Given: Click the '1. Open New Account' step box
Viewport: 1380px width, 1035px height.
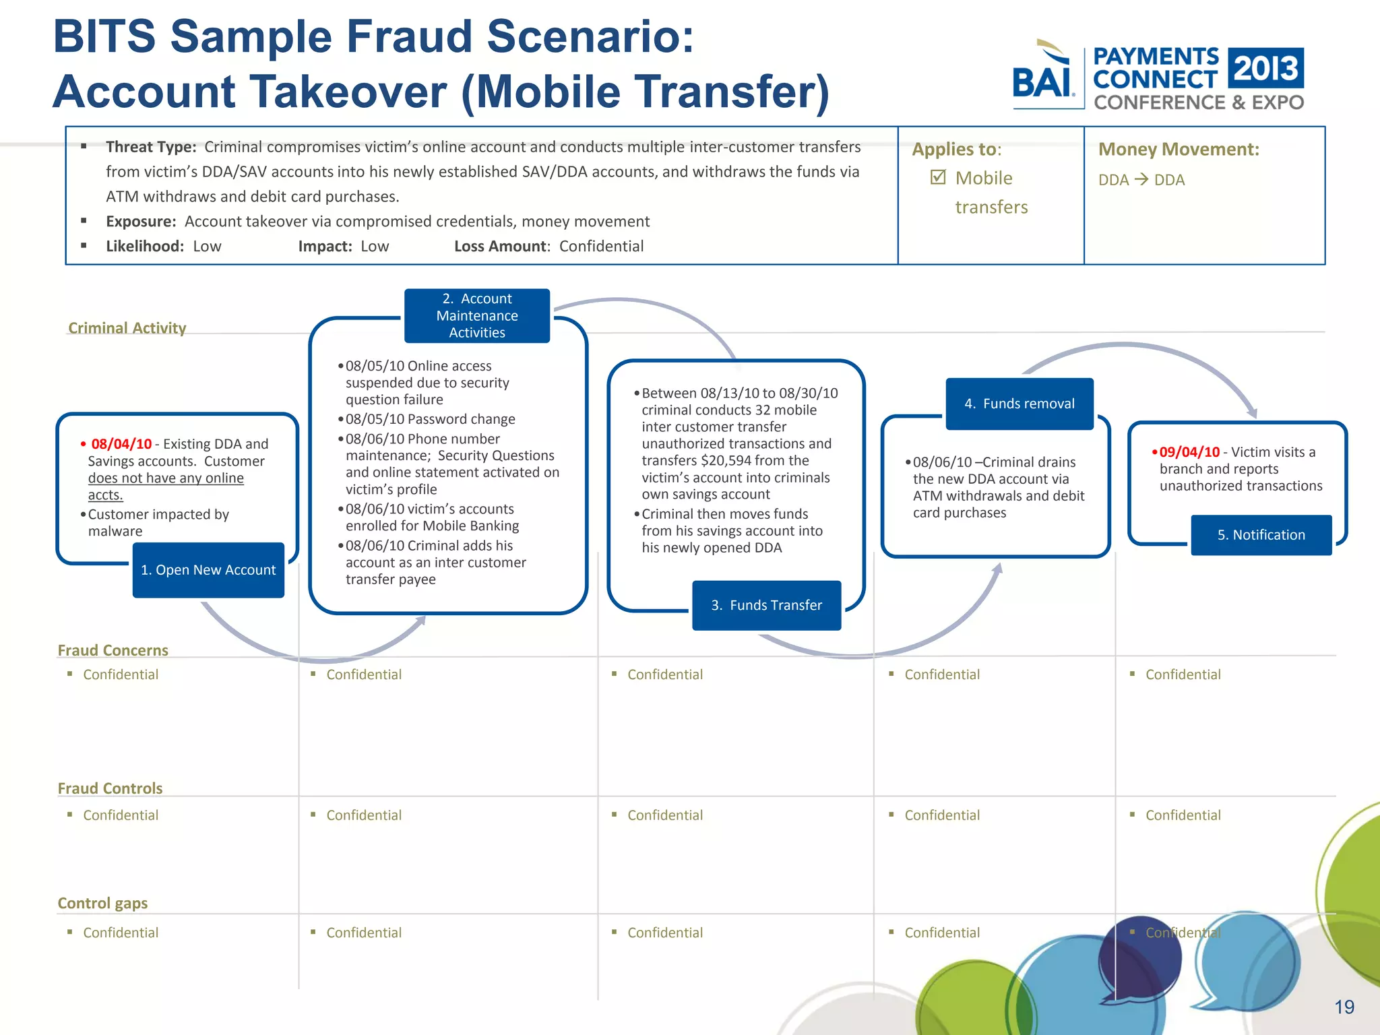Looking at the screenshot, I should coord(208,570).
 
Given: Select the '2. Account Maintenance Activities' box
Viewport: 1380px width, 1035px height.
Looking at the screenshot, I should coord(477,316).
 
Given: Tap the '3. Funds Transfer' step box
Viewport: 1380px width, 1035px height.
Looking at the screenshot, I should coord(766,605).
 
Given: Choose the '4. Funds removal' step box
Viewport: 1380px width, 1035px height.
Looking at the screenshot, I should coord(1020,404).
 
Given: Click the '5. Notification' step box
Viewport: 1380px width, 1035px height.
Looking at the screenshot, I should coord(1261,535).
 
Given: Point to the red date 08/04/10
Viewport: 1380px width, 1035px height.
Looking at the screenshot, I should coord(121,444).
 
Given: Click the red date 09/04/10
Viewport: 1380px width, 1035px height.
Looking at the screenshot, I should coord(1189,452).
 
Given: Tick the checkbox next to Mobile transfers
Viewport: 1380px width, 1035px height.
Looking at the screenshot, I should coord(938,177).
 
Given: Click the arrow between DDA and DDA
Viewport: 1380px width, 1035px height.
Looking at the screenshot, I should coord(1141,179).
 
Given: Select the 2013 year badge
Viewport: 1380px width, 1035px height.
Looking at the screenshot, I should coord(1266,68).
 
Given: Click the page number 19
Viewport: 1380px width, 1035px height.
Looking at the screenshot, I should coord(1344,1007).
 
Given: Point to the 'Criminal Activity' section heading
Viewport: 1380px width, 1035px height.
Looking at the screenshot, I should coord(127,328).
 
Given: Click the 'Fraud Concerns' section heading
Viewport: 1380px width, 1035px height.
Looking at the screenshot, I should coord(113,650).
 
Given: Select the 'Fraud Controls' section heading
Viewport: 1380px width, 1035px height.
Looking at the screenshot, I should coord(111,788).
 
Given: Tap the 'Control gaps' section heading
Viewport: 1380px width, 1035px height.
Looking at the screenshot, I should coord(102,903).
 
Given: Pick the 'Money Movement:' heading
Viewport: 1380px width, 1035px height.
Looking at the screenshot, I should coord(1179,149).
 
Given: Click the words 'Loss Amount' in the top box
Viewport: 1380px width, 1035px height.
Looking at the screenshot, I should coord(501,247).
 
